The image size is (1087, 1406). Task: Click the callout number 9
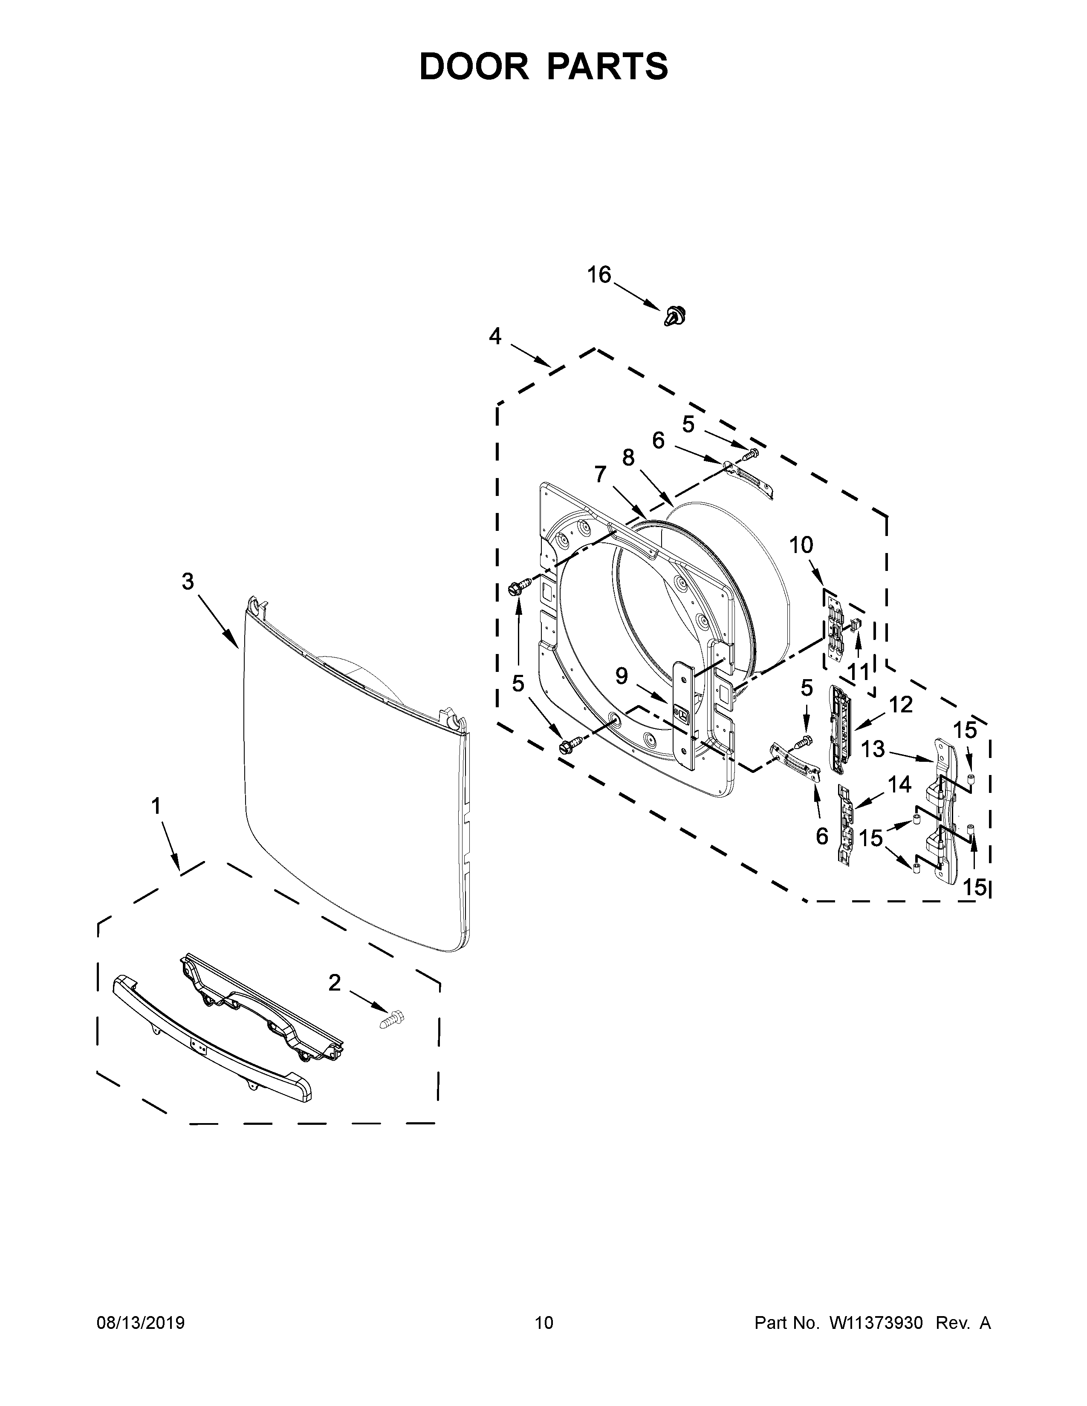(x=622, y=676)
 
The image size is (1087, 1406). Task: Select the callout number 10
(x=801, y=545)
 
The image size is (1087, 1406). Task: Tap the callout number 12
(x=901, y=705)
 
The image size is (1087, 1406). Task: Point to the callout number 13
(x=873, y=749)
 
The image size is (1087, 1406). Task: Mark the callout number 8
(x=628, y=458)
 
